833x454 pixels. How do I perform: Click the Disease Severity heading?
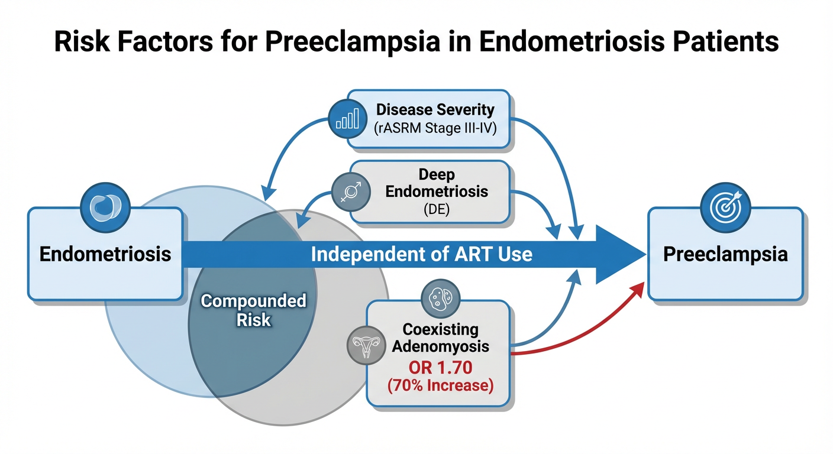(435, 109)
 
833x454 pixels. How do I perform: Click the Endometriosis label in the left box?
(105, 254)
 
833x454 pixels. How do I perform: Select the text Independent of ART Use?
(421, 254)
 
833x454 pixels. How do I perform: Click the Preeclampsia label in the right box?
(725, 254)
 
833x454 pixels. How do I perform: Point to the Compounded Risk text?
(253, 310)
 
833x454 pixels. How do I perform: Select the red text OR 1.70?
(441, 368)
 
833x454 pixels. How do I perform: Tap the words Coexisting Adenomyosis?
(441, 337)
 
